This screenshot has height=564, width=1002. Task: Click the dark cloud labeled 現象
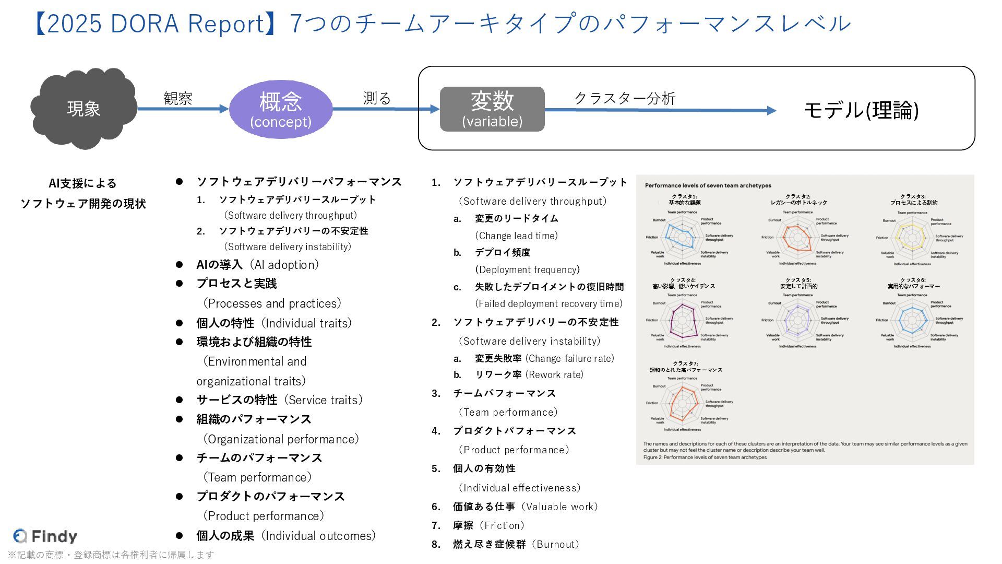pos(83,108)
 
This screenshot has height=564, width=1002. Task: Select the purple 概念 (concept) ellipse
pos(281,109)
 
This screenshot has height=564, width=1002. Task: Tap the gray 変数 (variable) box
pos(492,109)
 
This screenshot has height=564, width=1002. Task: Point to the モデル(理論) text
pos(861,110)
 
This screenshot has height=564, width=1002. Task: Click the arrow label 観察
pos(178,98)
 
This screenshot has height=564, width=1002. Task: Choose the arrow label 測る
pos(377,98)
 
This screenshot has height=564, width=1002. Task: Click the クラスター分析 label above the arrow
pos(625,98)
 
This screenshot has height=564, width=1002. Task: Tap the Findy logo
pos(45,536)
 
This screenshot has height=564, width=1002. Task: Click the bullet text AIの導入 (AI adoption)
pos(257,265)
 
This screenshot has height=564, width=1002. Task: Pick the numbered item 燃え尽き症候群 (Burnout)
pos(516,544)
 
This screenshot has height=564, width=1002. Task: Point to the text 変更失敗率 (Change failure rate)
pos(544,358)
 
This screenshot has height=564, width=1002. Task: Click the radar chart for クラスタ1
pos(682,238)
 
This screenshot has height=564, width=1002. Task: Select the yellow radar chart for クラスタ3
pos(912,238)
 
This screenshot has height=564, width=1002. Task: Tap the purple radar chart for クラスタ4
pos(682,321)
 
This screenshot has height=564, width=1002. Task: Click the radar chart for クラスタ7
pos(682,404)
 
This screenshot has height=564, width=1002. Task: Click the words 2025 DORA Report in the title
pos(156,24)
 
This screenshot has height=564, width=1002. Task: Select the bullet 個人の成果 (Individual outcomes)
pos(285,536)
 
